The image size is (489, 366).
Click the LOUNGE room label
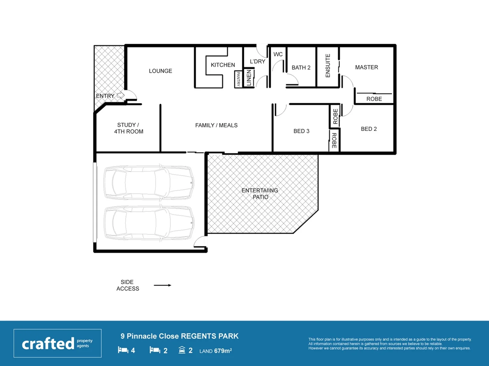pyautogui.click(x=160, y=71)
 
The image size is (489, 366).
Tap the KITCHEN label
pyautogui.click(x=223, y=65)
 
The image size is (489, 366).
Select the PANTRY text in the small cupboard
pyautogui.click(x=238, y=79)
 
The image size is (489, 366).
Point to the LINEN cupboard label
pyautogui.click(x=249, y=78)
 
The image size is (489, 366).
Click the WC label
pyautogui.click(x=278, y=54)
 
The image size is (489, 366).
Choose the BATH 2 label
pyautogui.click(x=301, y=67)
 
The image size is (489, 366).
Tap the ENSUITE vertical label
pyautogui.click(x=328, y=66)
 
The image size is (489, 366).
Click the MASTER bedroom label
pyautogui.click(x=366, y=67)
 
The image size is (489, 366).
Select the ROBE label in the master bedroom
pyautogui.click(x=374, y=99)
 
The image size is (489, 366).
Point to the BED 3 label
pyautogui.click(x=301, y=131)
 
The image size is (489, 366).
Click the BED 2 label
pyautogui.click(x=369, y=129)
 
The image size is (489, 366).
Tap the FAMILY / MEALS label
pyautogui.click(x=216, y=125)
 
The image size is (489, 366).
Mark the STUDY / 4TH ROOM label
pyautogui.click(x=128, y=128)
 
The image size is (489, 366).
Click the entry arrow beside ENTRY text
pyautogui.click(x=120, y=96)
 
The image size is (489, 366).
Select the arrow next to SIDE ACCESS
pyautogui.click(x=162, y=285)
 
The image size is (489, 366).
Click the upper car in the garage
pyautogui.click(x=149, y=182)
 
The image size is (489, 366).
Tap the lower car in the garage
pyautogui.click(x=149, y=223)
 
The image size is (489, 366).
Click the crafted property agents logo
pyautogui.click(x=57, y=343)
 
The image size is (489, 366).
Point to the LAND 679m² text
pyautogui.click(x=215, y=351)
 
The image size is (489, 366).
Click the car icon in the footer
pyautogui.click(x=182, y=350)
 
